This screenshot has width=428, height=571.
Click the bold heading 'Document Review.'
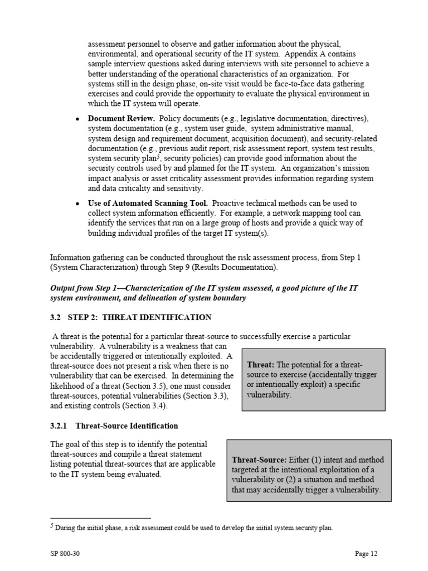121,119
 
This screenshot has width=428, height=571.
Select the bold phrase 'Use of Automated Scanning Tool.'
148,203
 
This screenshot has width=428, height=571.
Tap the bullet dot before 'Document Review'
77,119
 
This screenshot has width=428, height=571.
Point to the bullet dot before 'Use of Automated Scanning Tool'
77,204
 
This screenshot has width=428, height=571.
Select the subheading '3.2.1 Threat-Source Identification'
114,425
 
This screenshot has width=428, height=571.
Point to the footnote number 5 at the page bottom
52,526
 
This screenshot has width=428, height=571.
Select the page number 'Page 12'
366,554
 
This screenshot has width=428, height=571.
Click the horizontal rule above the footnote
100,518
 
